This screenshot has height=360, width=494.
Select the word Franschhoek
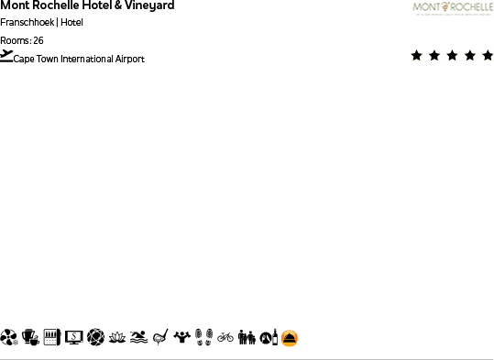(x=27, y=23)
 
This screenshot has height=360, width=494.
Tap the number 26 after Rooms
(x=38, y=40)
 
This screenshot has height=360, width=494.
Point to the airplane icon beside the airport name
(x=6, y=56)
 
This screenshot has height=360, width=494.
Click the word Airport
(x=129, y=60)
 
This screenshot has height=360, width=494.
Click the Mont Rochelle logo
(x=452, y=9)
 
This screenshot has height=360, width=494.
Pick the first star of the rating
(x=417, y=56)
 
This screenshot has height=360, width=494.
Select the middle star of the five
(x=453, y=56)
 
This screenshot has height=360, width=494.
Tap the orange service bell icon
(x=290, y=338)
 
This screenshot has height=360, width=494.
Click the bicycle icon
(x=225, y=337)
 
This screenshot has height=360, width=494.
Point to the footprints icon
(x=204, y=337)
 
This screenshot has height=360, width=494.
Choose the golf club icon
(x=161, y=337)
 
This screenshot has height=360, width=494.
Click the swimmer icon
(x=138, y=337)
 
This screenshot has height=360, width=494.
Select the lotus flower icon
(x=116, y=337)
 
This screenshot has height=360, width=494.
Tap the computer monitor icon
(x=73, y=337)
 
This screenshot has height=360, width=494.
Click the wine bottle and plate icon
(x=268, y=337)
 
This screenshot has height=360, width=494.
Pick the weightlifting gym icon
(x=182, y=337)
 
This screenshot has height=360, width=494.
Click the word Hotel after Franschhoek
(x=72, y=23)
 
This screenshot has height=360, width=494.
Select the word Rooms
(x=14, y=40)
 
